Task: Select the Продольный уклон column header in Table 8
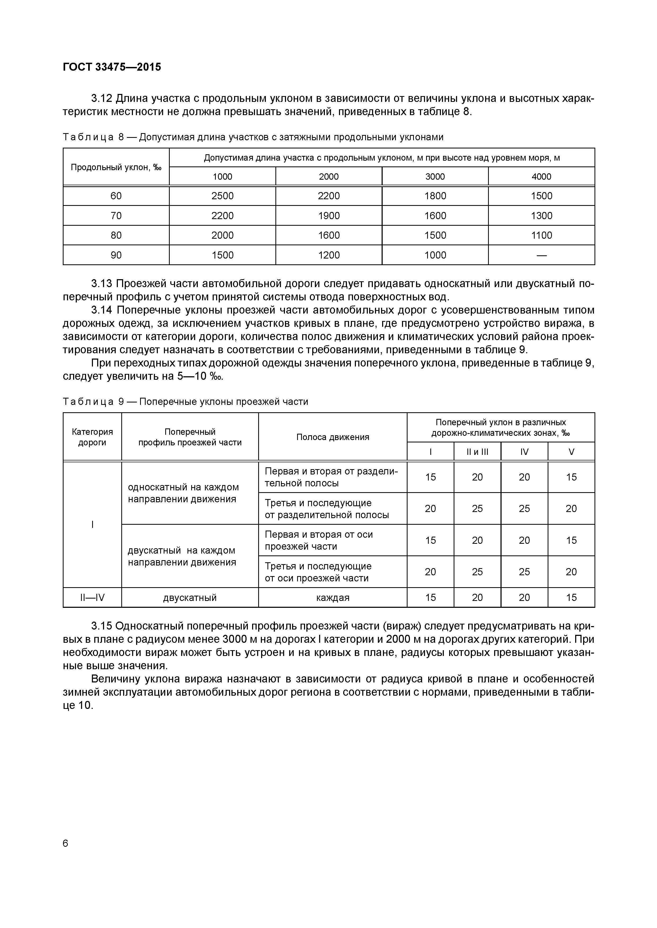[116, 167]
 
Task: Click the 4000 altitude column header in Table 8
[541, 176]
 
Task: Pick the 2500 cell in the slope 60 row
[222, 196]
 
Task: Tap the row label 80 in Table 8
[116, 236]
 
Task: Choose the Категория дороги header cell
[92, 437]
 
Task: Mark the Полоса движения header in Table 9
[333, 437]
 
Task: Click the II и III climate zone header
[477, 452]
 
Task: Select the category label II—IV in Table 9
[92, 597]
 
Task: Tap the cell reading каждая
[333, 597]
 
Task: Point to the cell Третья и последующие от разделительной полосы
[327, 509]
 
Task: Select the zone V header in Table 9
[571, 452]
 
